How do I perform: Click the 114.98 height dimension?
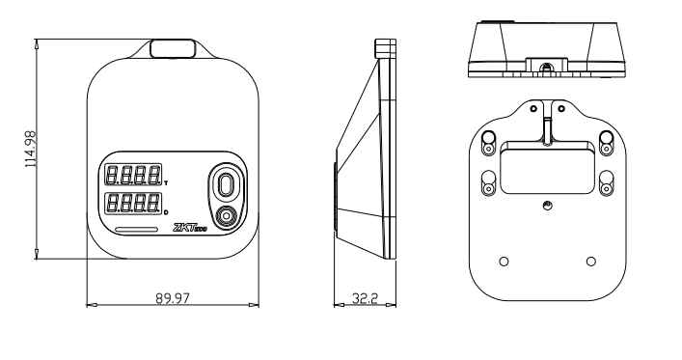30,150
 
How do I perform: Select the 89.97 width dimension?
173,298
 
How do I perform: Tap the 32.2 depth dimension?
365,298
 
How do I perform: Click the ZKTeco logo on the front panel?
190,228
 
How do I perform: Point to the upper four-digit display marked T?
133,175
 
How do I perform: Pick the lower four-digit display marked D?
133,204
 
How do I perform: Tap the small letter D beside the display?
167,212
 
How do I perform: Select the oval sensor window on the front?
226,185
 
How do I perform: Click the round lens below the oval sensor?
226,216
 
